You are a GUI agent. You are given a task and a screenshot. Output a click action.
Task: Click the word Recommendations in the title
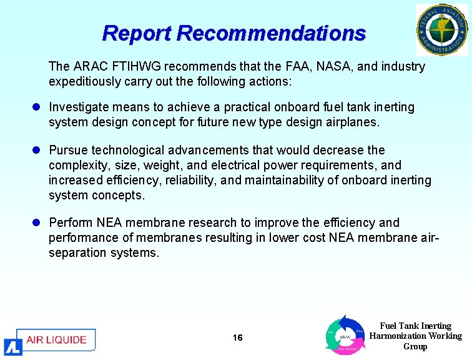click(272, 32)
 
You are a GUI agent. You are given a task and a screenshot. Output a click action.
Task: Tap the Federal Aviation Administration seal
click(441, 29)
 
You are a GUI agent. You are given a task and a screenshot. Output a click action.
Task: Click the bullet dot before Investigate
click(38, 107)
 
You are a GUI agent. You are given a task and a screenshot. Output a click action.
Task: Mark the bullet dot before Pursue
click(38, 150)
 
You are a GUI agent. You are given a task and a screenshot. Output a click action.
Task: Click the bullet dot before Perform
click(38, 222)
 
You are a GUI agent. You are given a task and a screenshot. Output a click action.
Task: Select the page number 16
click(237, 338)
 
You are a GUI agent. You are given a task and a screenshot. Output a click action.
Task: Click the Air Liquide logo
click(50, 341)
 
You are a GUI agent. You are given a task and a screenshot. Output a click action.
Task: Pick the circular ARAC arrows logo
click(344, 336)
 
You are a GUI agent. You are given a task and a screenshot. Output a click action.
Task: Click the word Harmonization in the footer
click(397, 336)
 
